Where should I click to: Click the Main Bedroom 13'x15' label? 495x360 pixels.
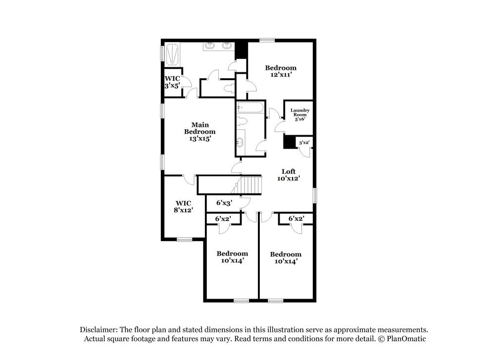pos(199,132)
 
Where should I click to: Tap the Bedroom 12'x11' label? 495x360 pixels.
pos(281,71)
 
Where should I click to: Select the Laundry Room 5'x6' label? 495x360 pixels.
pos(300,114)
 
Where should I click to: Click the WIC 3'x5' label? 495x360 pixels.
pos(172,82)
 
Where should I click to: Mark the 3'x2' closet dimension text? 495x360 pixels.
pos(303,143)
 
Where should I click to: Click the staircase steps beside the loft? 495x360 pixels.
pos(250,185)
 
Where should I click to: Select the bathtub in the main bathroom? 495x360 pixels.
pos(172,54)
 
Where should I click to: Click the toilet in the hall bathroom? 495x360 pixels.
pos(242,121)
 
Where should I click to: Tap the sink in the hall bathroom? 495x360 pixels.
pos(240,143)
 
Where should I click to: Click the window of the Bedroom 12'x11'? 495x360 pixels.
pos(267,40)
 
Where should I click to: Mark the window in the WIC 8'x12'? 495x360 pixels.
pos(184,240)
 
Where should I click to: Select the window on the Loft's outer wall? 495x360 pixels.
pos(315,195)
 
